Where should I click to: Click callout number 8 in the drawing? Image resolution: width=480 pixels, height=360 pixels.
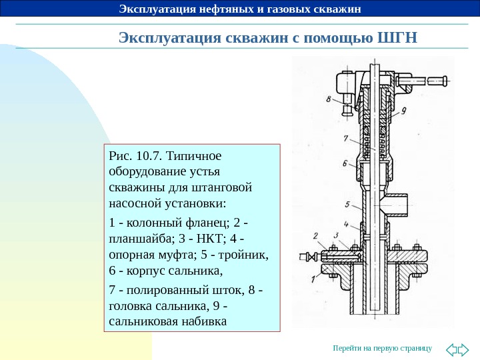pyautogui.click(x=329, y=100)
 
